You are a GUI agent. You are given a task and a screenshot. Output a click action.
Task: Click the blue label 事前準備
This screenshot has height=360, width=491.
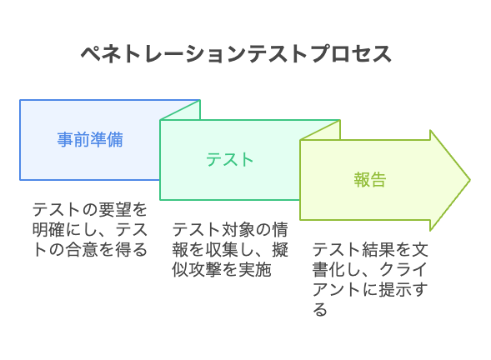(90, 140)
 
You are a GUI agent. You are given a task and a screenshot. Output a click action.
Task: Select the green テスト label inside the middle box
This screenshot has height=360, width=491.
(229, 160)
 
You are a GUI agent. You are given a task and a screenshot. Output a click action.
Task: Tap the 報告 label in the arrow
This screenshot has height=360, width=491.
(370, 180)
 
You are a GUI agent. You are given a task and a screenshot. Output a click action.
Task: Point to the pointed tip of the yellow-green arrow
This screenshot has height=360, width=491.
(469, 180)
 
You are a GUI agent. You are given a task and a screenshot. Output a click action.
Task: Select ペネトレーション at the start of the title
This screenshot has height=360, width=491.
(163, 54)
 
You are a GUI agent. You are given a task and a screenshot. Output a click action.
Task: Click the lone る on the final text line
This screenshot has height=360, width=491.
(320, 309)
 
